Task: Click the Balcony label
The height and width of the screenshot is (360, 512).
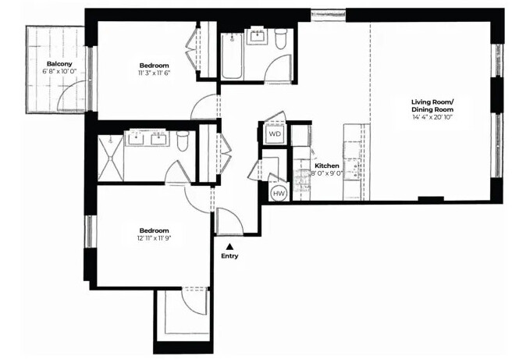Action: tap(59, 63)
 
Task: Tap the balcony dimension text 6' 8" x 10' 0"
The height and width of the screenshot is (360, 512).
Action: tap(59, 72)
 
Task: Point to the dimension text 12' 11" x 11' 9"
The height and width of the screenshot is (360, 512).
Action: tap(155, 240)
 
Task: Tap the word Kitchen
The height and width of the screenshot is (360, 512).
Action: tap(326, 166)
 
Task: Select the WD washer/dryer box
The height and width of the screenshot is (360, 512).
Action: tap(275, 134)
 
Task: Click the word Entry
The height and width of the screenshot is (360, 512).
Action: tap(229, 256)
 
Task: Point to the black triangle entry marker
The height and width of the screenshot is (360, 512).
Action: tap(229, 246)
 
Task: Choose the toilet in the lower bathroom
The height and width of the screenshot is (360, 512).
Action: tap(183, 141)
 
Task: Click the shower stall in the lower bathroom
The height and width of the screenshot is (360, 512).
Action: tap(109, 158)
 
